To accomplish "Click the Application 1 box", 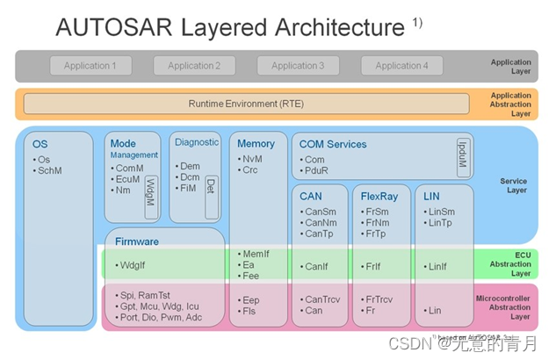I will [x=90, y=65].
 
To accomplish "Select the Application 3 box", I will [x=298, y=65].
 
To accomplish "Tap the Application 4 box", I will [x=402, y=65].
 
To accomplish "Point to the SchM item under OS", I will [x=50, y=171].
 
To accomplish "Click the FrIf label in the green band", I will [x=372, y=265].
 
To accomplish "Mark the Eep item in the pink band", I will [x=249, y=299].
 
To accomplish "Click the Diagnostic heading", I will [x=197, y=142].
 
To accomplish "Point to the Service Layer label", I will [x=514, y=185].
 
